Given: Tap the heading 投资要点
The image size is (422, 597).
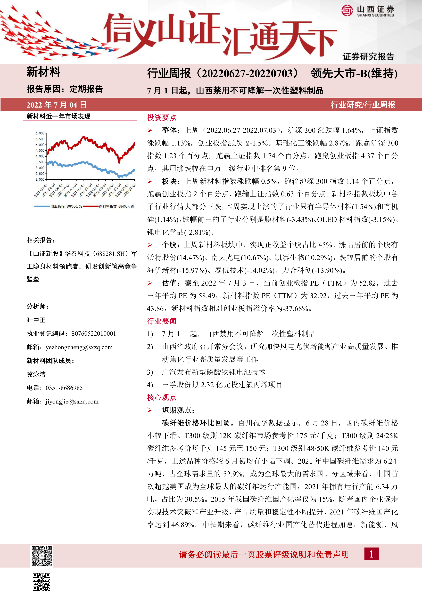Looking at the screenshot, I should point(162,118).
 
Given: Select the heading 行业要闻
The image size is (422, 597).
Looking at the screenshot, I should point(162,321).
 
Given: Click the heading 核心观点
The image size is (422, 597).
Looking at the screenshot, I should point(162,397).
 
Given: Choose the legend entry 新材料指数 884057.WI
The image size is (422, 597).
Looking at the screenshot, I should point(116,206).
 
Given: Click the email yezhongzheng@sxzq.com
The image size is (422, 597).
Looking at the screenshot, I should point(79,347).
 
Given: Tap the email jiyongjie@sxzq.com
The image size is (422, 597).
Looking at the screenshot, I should point(72,401).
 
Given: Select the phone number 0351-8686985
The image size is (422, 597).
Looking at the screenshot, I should point(64,388).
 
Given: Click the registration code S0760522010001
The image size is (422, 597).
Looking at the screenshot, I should point(94,334).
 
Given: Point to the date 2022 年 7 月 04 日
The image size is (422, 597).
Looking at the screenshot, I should point(56,105).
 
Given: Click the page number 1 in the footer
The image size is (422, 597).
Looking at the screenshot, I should point(371,554).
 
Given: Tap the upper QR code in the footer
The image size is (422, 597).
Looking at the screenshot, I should point(42,556).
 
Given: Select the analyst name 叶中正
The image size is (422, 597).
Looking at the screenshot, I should point(36,320).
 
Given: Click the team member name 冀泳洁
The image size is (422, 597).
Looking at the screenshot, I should point(36,374).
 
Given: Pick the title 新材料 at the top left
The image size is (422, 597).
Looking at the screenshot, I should point(43,72).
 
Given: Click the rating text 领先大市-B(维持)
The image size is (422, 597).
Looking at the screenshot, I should point(354,74).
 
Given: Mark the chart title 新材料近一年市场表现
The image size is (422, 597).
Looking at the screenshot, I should point(59,116).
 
